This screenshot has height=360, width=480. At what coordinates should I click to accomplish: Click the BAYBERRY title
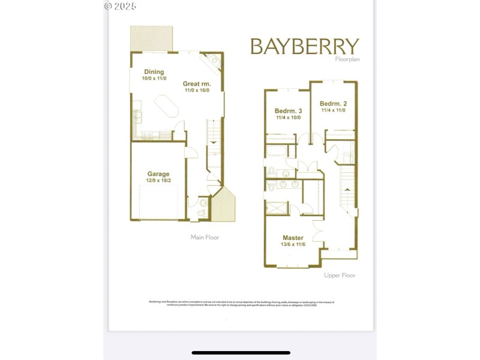[x=304, y=47]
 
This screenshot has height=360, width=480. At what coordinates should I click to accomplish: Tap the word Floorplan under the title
[x=347, y=59]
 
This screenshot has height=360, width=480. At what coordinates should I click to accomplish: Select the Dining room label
[x=154, y=72]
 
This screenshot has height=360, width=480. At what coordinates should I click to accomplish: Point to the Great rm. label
[x=196, y=84]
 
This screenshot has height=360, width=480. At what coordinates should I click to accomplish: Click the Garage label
[x=158, y=174]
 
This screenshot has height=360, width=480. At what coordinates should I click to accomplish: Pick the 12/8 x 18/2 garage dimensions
[x=158, y=181]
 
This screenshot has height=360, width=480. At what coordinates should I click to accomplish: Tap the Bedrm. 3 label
[x=288, y=111]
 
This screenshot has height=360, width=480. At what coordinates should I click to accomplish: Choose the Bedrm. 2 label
[x=333, y=103]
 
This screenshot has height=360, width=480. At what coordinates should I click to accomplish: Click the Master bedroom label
[x=293, y=238]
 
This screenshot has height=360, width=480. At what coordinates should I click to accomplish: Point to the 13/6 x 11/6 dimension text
[x=293, y=245]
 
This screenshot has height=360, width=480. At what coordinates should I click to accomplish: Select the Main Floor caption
[x=205, y=238]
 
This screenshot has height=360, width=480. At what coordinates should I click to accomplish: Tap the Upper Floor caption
[x=340, y=275]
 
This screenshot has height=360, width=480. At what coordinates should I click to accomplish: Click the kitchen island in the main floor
[x=167, y=110]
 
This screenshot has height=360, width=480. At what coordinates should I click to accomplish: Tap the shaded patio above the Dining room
[x=152, y=39]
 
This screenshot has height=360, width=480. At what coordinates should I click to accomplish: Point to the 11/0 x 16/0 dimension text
[x=196, y=91]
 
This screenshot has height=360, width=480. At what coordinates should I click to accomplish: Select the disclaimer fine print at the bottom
[x=241, y=304]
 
